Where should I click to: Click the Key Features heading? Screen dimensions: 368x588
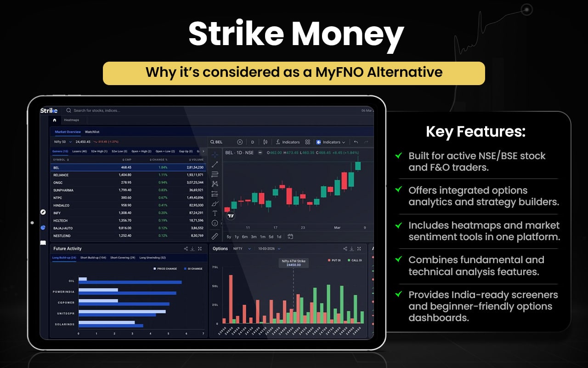(x=475, y=132)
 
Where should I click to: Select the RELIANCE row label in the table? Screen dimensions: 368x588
(x=61, y=175)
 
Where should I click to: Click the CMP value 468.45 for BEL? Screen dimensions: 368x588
(x=126, y=167)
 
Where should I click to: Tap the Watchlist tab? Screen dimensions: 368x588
(x=92, y=132)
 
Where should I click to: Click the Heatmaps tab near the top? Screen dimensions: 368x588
(x=71, y=120)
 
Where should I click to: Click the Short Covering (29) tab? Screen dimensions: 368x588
(x=123, y=258)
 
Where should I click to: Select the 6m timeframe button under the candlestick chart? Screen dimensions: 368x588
(x=245, y=237)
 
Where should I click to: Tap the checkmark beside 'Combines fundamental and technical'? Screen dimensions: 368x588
(x=399, y=260)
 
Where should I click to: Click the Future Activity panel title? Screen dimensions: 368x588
(x=68, y=248)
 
